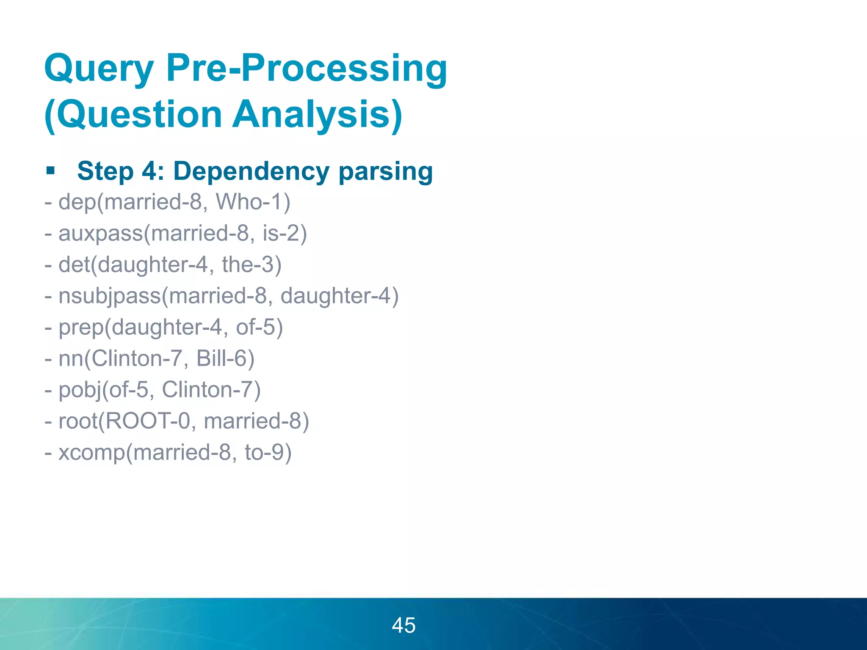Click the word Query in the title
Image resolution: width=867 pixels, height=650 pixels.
[x=99, y=69]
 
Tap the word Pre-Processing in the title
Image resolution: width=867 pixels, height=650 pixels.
[x=306, y=69]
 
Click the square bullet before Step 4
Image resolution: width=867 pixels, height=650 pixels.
[x=51, y=171]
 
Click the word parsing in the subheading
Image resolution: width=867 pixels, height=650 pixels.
[x=385, y=172]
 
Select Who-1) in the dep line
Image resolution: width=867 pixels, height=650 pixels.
[x=253, y=201]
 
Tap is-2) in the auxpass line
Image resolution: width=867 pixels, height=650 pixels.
[x=284, y=233]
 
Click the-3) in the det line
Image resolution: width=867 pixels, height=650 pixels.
[x=251, y=264]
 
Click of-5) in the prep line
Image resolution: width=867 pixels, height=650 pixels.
[x=259, y=327]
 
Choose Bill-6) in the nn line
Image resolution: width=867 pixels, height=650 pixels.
[x=225, y=358]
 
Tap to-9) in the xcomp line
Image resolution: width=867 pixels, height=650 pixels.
[x=268, y=452]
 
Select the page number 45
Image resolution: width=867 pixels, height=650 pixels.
[x=403, y=625]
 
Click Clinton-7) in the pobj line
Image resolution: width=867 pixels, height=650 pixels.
[x=211, y=390]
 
